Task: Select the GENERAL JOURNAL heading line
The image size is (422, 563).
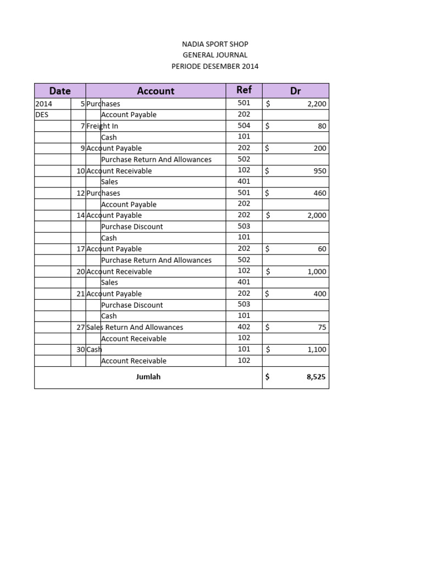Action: [x=215, y=55]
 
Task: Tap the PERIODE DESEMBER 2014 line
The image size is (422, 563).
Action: [x=215, y=67]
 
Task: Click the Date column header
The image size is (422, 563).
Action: [x=60, y=91]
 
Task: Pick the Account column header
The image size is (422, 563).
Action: [x=156, y=91]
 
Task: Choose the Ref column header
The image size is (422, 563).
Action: [x=244, y=90]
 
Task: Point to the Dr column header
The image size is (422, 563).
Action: [x=296, y=91]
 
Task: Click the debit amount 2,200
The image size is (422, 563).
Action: [x=316, y=104]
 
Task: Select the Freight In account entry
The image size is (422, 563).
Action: [x=102, y=126]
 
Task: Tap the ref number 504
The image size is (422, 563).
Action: [x=244, y=125]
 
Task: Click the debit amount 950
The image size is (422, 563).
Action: [x=320, y=171]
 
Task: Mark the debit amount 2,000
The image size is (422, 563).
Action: [x=316, y=216]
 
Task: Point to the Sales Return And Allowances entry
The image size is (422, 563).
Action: [x=135, y=327]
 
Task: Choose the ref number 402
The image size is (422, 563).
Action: [x=244, y=327]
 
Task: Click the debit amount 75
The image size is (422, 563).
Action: [x=322, y=327]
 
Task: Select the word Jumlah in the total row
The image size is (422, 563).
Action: [x=148, y=377]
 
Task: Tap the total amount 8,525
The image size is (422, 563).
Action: [x=316, y=378]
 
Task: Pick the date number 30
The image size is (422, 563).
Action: [x=81, y=349]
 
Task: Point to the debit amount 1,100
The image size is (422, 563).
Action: [x=316, y=350]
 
